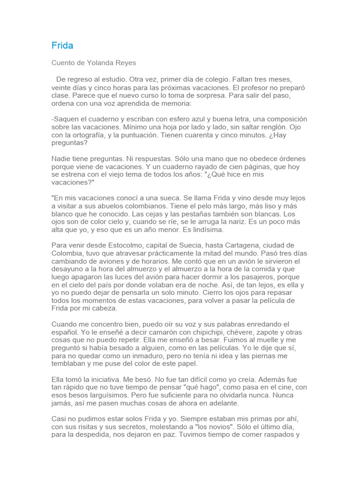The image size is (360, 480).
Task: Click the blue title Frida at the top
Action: pyautogui.click(x=62, y=45)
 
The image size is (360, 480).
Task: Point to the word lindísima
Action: pyautogui.click(x=204, y=230)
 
